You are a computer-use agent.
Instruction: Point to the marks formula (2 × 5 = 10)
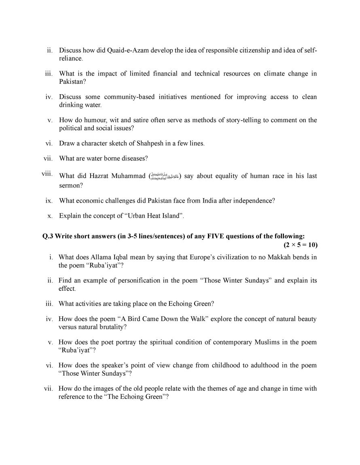point(300,245)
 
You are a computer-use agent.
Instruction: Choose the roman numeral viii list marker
point(47,174)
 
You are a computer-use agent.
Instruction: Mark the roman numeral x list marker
point(50,216)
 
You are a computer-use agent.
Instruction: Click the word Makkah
point(283,257)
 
